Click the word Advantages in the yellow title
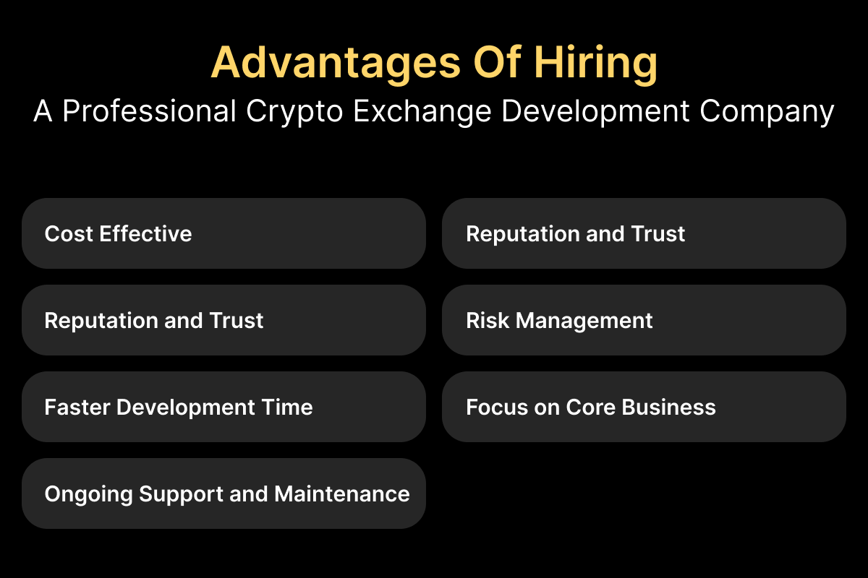pyautogui.click(x=336, y=63)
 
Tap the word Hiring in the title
pyautogui.click(x=596, y=63)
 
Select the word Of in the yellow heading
pyautogui.click(x=498, y=62)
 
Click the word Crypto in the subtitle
pyautogui.click(x=294, y=111)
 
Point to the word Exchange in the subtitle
pyautogui.click(x=422, y=111)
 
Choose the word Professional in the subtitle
pyautogui.click(x=149, y=111)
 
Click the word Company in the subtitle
pyautogui.click(x=767, y=111)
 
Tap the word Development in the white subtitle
pyautogui.click(x=595, y=111)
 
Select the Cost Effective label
pyautogui.click(x=118, y=233)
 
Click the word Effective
pyautogui.click(x=145, y=233)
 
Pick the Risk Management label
pyautogui.click(x=559, y=321)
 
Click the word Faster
pyautogui.click(x=77, y=407)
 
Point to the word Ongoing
pyautogui.click(x=89, y=494)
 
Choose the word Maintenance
pyautogui.click(x=342, y=493)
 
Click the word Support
pyautogui.click(x=181, y=495)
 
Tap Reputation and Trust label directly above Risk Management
pyautogui.click(x=576, y=234)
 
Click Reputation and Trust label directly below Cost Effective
pyautogui.click(x=154, y=321)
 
